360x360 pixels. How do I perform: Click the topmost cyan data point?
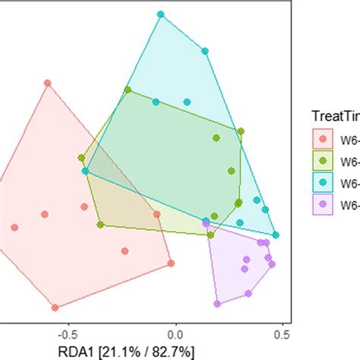(160, 14)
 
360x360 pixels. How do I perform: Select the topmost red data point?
(47, 84)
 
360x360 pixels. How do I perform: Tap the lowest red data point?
(55, 308)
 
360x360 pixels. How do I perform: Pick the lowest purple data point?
(217, 304)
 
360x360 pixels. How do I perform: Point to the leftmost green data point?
(81, 158)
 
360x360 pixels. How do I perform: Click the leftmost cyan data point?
(85, 172)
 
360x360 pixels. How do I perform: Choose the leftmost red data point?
(14, 227)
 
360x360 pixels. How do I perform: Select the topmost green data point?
(128, 91)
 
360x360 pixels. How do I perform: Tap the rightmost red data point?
(171, 264)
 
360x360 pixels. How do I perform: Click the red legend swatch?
(324, 139)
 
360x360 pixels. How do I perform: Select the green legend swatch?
(324, 160)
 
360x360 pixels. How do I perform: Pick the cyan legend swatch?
(324, 182)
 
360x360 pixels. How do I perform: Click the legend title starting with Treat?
(335, 116)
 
